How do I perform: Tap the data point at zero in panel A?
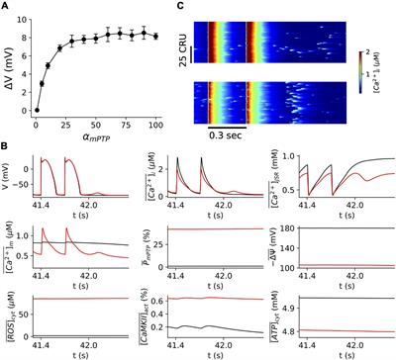pos(37,110)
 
